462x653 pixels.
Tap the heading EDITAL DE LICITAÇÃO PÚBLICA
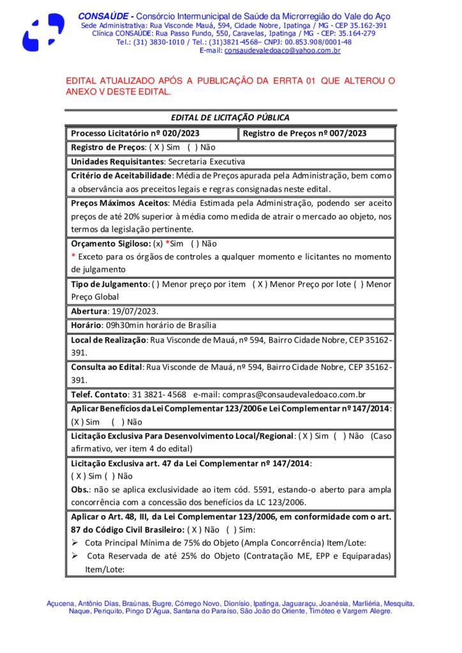(x=230, y=118)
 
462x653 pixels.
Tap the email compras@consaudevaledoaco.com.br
(x=293, y=395)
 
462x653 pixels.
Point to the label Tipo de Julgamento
(x=109, y=284)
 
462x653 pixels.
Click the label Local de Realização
(x=108, y=339)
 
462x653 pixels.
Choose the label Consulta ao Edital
(x=107, y=367)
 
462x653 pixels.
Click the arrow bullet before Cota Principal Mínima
(x=74, y=543)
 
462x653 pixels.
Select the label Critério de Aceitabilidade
(x=121, y=175)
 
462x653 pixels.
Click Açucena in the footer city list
(x=61, y=603)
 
